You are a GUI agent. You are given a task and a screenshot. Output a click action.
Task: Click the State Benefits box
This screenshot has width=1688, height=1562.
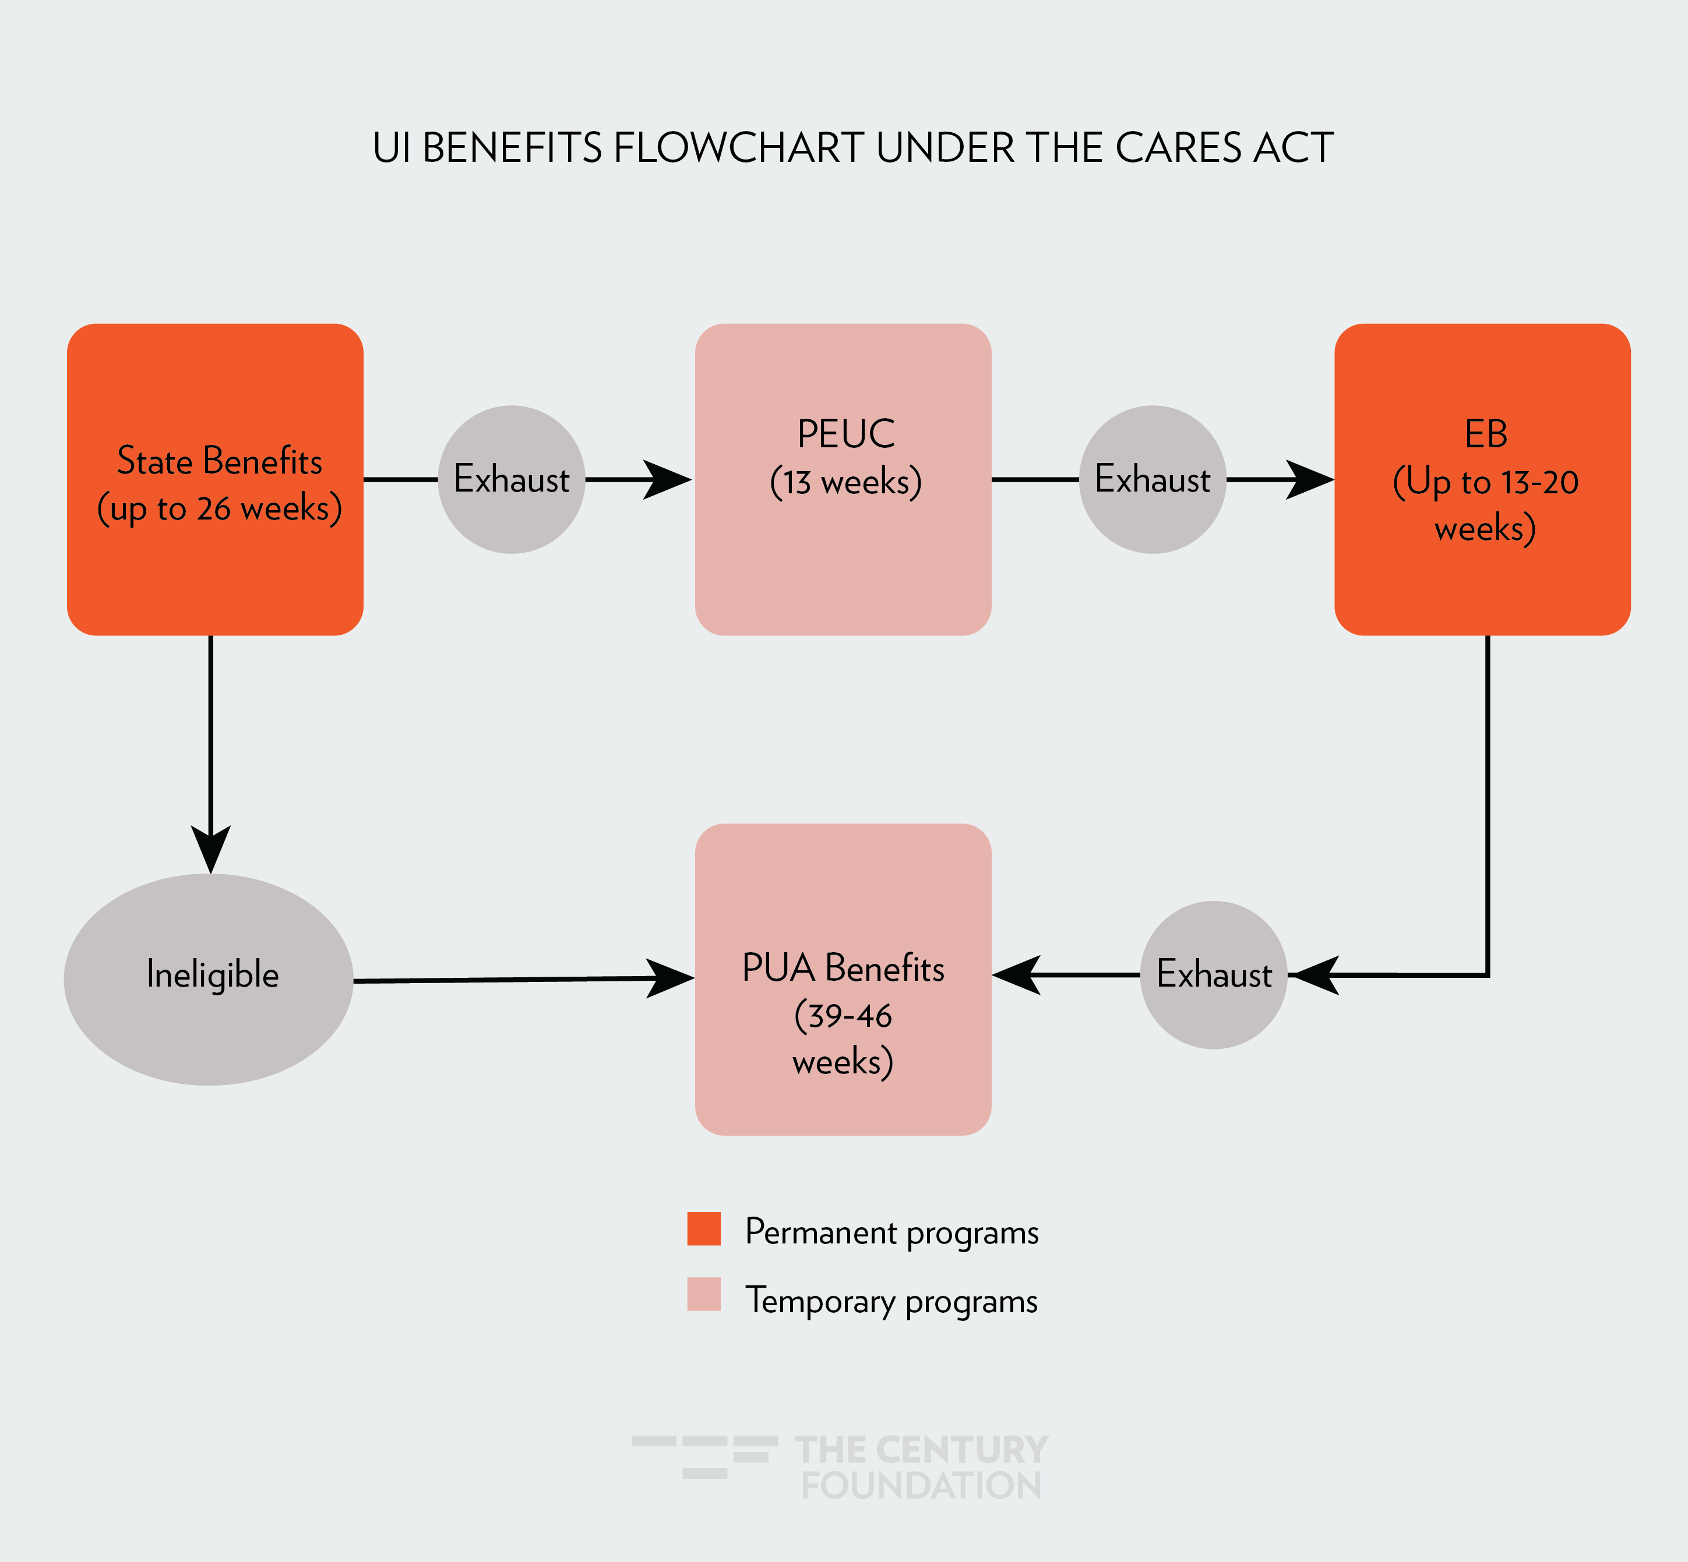click(215, 479)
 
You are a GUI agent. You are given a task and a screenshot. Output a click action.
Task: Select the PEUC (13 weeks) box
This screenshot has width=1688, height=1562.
click(843, 479)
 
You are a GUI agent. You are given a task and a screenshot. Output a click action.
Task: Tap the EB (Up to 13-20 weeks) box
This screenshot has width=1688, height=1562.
click(1482, 479)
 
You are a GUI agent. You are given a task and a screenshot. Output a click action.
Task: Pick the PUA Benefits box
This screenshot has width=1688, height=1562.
click(843, 979)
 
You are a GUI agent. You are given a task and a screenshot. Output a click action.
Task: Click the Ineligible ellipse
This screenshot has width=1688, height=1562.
click(209, 979)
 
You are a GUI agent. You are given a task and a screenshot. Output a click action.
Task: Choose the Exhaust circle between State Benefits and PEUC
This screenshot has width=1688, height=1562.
click(512, 479)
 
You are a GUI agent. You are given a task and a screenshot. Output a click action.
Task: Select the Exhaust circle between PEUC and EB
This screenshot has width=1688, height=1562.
click(1152, 479)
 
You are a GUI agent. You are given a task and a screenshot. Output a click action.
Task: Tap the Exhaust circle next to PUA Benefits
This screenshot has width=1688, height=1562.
click(1214, 974)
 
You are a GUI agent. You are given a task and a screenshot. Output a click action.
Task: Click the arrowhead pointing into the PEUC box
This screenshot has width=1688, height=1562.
click(668, 479)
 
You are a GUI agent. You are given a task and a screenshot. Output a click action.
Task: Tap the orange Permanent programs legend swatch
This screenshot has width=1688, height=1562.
click(704, 1228)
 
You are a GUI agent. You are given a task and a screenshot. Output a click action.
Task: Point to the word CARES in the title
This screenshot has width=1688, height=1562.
click(1179, 148)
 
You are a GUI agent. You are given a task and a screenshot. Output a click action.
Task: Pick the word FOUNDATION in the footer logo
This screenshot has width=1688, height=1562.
click(921, 1485)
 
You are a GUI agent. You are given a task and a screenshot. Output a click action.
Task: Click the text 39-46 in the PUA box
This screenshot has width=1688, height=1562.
click(843, 1015)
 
